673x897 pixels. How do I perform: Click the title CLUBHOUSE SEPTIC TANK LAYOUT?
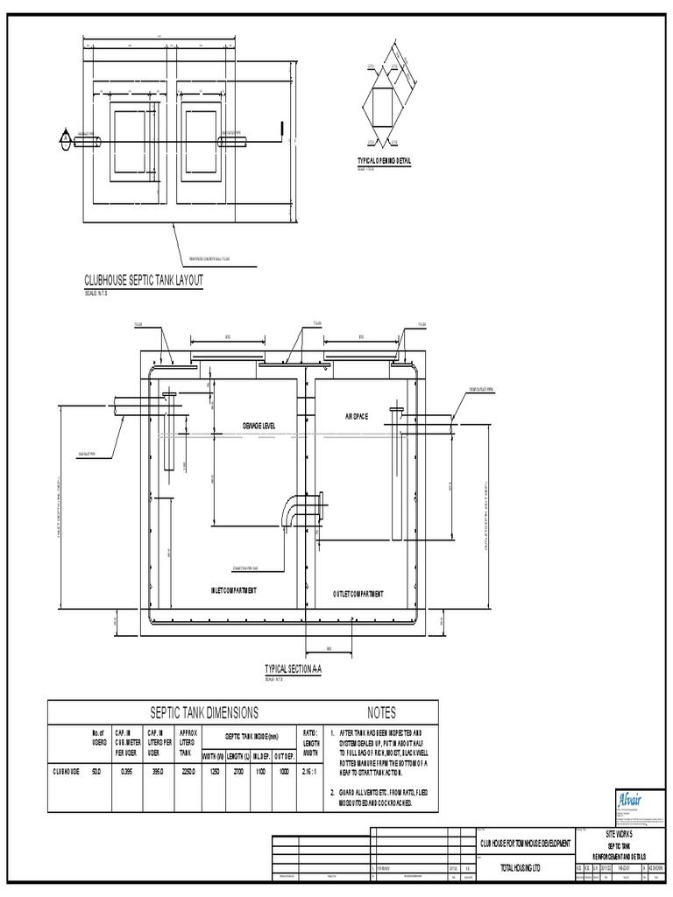tap(144, 280)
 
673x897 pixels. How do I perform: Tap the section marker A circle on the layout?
tap(64, 138)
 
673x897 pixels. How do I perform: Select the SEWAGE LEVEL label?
tap(259, 425)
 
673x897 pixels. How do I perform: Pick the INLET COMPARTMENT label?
tap(235, 590)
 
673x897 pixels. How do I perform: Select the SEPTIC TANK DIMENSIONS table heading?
tap(206, 713)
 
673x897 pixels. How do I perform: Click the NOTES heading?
tap(382, 713)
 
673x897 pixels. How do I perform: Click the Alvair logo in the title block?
tap(608, 799)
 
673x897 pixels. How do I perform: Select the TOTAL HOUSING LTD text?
tap(526, 867)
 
